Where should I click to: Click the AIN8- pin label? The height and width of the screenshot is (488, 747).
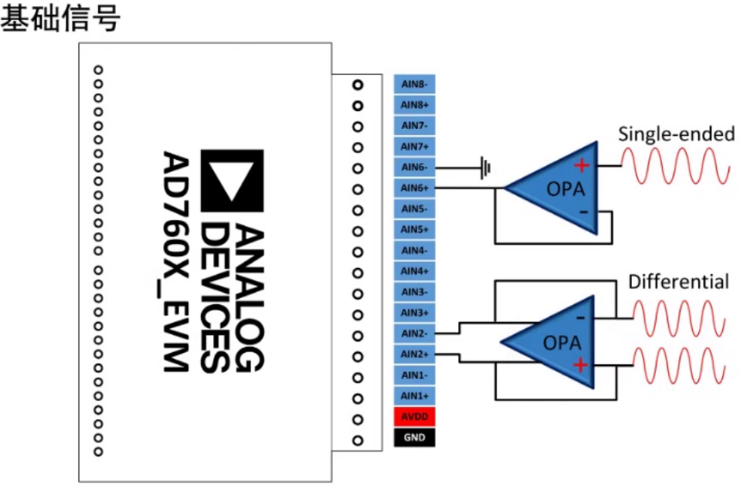pyautogui.click(x=414, y=84)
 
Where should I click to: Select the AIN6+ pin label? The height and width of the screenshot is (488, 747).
pyautogui.click(x=414, y=188)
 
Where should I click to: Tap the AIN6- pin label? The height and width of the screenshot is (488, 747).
pyautogui.click(x=414, y=167)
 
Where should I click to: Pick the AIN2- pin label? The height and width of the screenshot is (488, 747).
pyautogui.click(x=414, y=334)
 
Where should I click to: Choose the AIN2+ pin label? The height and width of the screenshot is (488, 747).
pyautogui.click(x=414, y=354)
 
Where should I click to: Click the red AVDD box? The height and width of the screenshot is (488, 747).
pyautogui.click(x=414, y=417)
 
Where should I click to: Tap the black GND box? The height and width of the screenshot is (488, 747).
pyautogui.click(x=414, y=438)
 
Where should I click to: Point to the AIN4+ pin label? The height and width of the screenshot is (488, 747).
pyautogui.click(x=414, y=271)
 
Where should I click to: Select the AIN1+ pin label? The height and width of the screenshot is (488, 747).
pyautogui.click(x=414, y=395)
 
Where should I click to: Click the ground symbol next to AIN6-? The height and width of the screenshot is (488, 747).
pyautogui.click(x=485, y=168)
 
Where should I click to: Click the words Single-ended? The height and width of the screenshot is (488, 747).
pyautogui.click(x=676, y=134)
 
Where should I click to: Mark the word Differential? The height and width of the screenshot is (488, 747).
pyautogui.click(x=678, y=282)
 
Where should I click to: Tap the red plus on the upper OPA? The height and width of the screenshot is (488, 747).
pyautogui.click(x=581, y=166)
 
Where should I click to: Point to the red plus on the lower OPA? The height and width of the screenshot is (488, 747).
pyautogui.click(x=580, y=365)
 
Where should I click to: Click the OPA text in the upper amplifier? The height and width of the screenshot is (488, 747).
pyautogui.click(x=565, y=189)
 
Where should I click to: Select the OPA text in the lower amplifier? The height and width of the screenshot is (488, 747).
pyautogui.click(x=562, y=343)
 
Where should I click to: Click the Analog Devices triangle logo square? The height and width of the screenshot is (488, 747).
pyautogui.click(x=232, y=181)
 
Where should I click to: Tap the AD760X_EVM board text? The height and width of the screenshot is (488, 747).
pyautogui.click(x=175, y=262)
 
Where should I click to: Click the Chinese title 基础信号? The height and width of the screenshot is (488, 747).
pyautogui.click(x=60, y=18)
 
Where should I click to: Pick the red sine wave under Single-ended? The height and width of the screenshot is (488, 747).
pyautogui.click(x=675, y=166)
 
